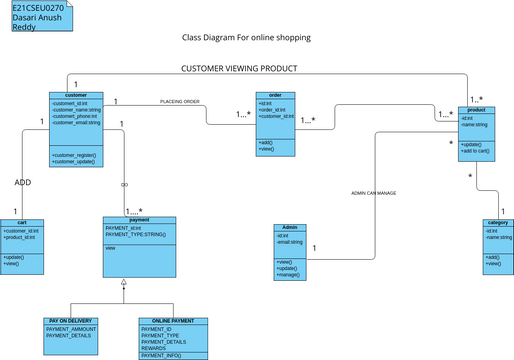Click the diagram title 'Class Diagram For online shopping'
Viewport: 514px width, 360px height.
(x=246, y=38)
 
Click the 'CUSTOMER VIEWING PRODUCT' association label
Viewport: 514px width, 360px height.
(x=239, y=69)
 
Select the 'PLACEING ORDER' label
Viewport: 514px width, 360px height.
(x=180, y=102)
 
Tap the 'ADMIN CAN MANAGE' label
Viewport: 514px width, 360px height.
(x=373, y=193)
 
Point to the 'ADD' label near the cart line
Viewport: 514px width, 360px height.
(x=23, y=183)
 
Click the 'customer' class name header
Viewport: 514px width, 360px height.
(x=76, y=95)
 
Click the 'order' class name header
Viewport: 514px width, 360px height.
(x=275, y=95)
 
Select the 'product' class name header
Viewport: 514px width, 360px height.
(x=476, y=110)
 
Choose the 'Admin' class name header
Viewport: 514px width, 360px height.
(x=291, y=227)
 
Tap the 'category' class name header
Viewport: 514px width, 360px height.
(x=497, y=223)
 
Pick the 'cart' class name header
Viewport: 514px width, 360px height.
(x=22, y=222)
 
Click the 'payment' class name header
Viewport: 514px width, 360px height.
(x=139, y=219)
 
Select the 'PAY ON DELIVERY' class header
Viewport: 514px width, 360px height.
(x=71, y=321)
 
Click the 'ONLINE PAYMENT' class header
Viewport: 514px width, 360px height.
(x=174, y=321)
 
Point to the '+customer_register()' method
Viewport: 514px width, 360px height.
(x=74, y=155)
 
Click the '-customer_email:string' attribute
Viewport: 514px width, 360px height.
(x=76, y=123)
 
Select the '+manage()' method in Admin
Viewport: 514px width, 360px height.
(x=287, y=275)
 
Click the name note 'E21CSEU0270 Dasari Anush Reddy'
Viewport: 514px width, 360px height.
(x=36, y=17)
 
